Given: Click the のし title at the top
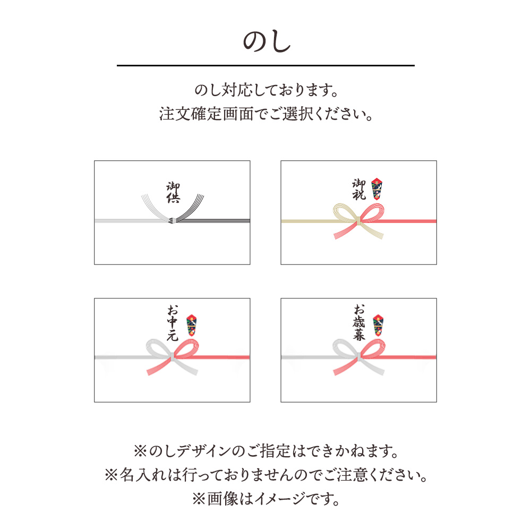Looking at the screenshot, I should [265, 42].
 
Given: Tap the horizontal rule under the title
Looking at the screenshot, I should [265, 65].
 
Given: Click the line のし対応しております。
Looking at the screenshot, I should [265, 90].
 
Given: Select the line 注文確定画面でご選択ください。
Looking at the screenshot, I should [265, 114].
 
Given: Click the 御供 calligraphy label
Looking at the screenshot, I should [173, 193].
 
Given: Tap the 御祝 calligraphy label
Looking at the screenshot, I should [359, 189].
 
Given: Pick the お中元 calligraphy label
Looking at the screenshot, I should [173, 323].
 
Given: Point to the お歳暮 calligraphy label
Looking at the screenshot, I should [359, 322].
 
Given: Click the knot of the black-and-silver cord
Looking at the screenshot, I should [172, 221].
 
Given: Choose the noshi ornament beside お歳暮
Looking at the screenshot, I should [378, 325].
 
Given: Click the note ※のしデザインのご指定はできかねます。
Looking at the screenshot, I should [265, 452].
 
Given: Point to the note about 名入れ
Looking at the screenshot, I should [265, 475].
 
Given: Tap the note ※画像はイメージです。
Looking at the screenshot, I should [265, 499].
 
